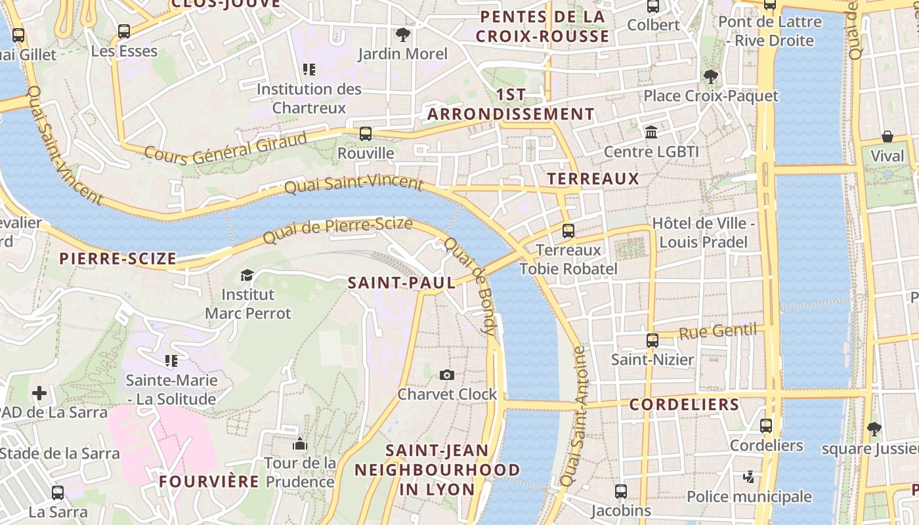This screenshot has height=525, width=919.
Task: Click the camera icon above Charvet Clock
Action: tap(447, 375)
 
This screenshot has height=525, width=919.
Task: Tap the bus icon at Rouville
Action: tap(366, 134)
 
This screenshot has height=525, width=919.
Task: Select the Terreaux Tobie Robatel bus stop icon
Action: tap(568, 231)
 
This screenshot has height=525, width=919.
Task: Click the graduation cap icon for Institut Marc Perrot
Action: tap(247, 275)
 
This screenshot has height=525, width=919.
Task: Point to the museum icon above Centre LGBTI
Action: tap(651, 132)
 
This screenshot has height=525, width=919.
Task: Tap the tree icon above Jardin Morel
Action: tap(402, 34)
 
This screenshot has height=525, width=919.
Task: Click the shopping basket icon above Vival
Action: tap(887, 136)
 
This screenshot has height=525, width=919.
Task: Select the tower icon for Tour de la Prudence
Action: tap(300, 444)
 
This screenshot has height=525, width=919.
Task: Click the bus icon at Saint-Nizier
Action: tap(652, 341)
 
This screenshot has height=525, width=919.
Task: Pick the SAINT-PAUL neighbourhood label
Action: tap(401, 283)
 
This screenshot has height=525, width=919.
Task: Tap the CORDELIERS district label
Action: tap(684, 405)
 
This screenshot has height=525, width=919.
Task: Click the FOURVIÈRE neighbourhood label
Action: tap(209, 482)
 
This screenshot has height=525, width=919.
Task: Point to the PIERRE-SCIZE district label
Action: tap(118, 259)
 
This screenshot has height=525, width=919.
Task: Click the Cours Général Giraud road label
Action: tap(225, 149)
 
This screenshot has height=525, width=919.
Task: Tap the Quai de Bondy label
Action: tap(470, 286)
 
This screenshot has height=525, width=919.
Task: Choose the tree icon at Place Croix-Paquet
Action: tap(710, 77)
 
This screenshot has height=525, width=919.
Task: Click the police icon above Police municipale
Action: tap(749, 476)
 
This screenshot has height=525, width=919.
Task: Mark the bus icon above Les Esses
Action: tap(124, 31)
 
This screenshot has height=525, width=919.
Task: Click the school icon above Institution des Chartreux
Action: tap(309, 70)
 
